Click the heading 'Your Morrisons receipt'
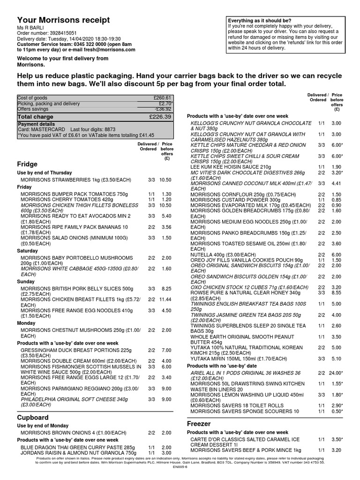pos(64,20)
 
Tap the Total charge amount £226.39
pos(160,117)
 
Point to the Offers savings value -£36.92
pos(162,109)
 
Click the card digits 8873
pos(110,129)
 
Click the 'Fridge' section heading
pos(27,164)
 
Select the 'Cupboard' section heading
pos(33,417)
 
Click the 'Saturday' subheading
pos(28,251)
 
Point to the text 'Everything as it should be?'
pos(259,21)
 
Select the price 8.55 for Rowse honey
pos(337,292)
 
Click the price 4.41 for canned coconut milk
pos(337,184)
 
